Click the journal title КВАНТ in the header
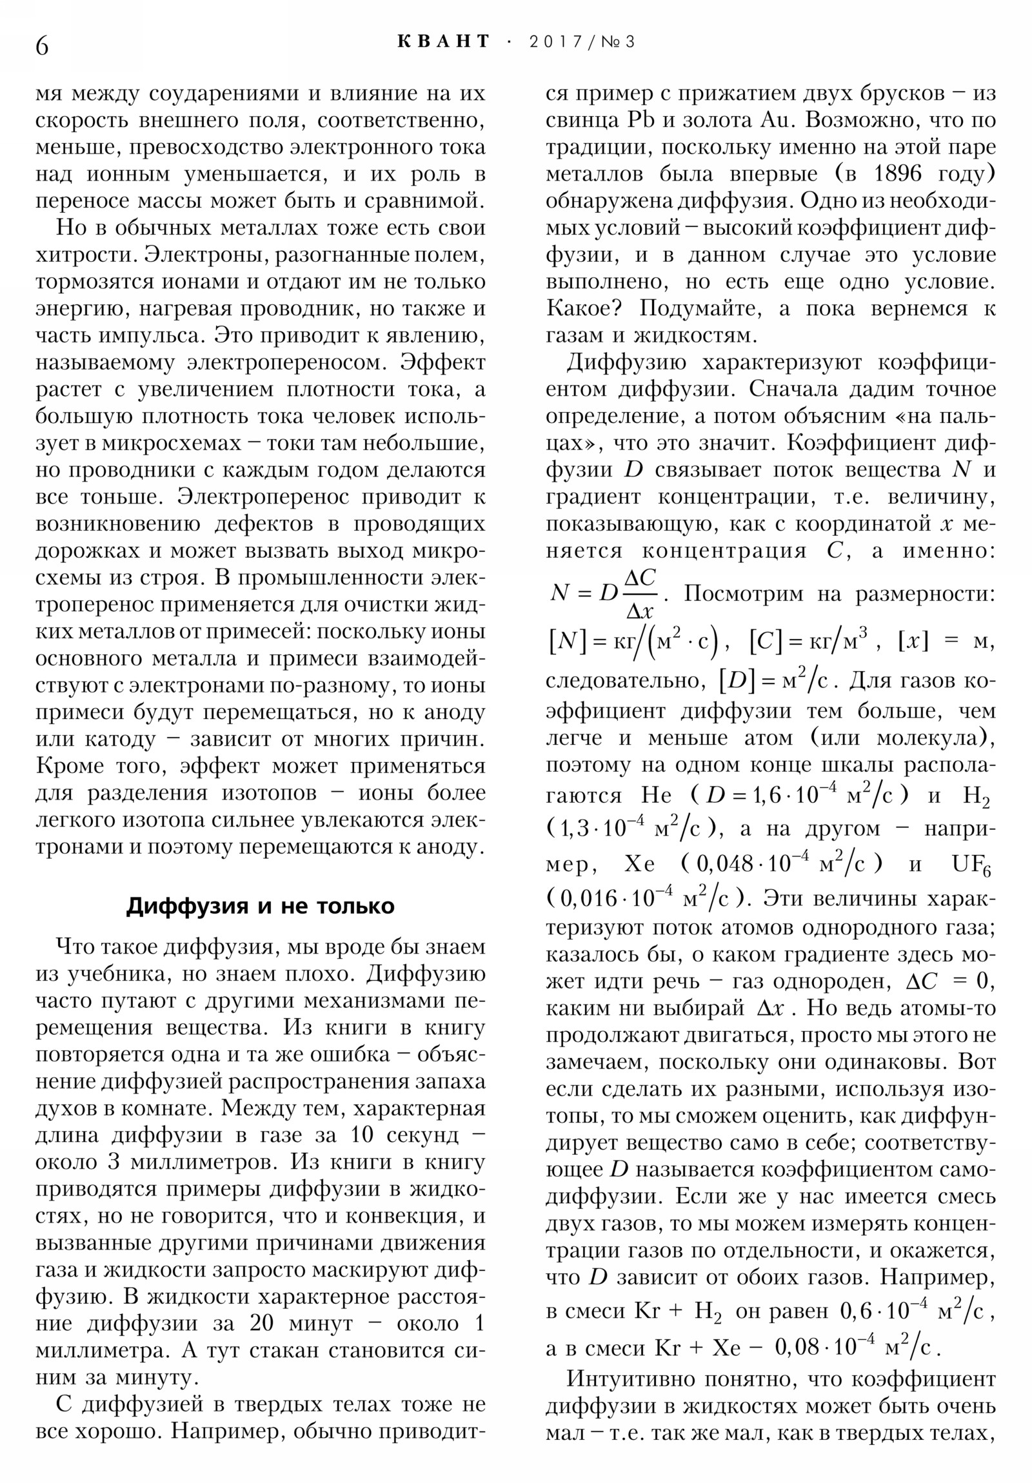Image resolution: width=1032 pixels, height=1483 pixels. coord(443,42)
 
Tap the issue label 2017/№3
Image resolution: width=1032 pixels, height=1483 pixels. coord(582,42)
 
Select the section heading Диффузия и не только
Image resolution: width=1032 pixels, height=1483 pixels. coord(260,905)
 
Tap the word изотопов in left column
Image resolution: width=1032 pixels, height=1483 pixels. coord(269,792)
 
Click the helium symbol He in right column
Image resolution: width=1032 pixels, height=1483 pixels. coord(657,795)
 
